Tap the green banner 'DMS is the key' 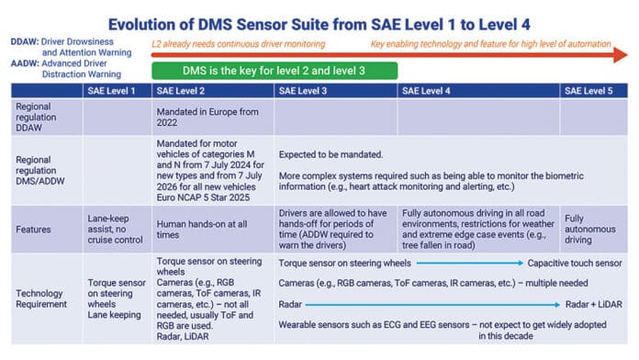pyautogui.click(x=275, y=71)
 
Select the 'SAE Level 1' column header pyautogui.click(x=114, y=90)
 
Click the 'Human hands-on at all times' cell pyautogui.click(x=205, y=227)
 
